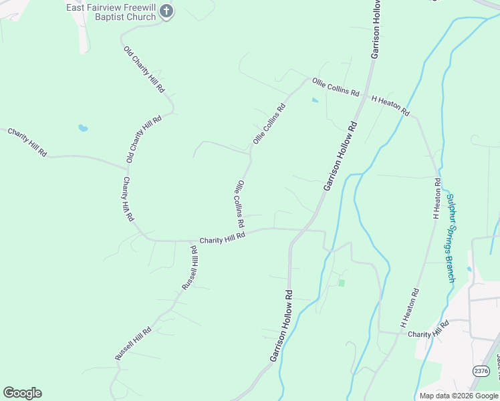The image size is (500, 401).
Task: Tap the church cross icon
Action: (x=167, y=11)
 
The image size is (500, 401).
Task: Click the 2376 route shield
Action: (x=481, y=371)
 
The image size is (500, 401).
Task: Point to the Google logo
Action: (x=22, y=393)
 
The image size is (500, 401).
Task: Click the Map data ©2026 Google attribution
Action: (x=459, y=396)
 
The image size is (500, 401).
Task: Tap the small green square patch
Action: (x=341, y=283)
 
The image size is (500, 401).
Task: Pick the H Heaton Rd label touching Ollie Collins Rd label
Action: (x=390, y=106)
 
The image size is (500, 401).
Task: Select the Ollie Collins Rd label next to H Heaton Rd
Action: (x=336, y=87)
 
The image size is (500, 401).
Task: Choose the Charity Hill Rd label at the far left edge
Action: (x=27, y=142)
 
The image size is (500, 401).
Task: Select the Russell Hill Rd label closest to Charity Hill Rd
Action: (x=190, y=267)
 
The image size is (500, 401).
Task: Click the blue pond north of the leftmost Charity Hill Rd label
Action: (x=83, y=128)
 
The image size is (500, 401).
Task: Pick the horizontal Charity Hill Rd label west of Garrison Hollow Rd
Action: (x=223, y=237)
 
